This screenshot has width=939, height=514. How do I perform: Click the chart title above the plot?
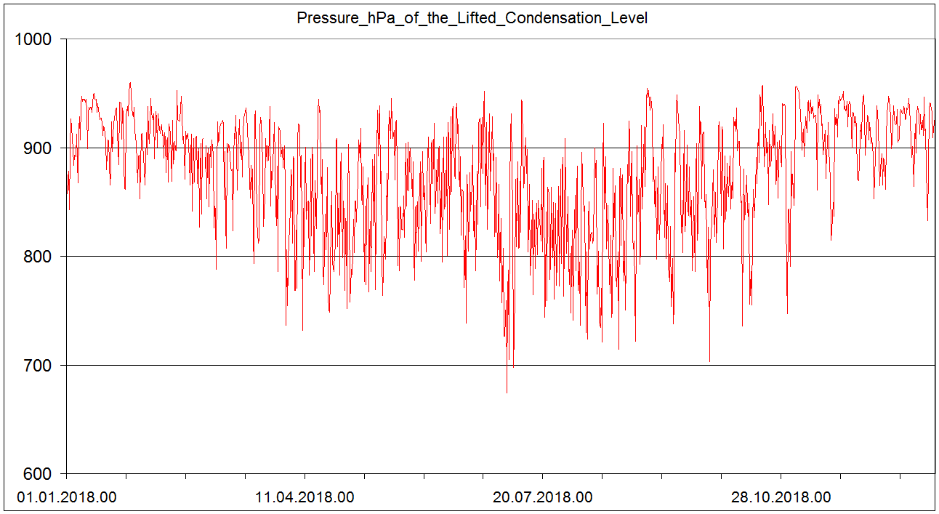pos(472,18)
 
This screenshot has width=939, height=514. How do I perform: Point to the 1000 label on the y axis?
pos(33,39)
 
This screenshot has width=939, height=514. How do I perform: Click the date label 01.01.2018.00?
pos(66,498)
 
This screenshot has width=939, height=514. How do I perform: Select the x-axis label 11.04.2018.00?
pos(305,498)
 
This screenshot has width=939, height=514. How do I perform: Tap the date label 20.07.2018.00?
pos(543,498)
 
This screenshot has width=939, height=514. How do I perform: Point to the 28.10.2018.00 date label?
pos(781,498)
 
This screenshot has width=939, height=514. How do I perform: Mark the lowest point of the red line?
pos(507,393)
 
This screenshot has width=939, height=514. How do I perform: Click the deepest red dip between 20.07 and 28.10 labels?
pos(709,361)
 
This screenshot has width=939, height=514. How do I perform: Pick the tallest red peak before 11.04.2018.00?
pos(130,83)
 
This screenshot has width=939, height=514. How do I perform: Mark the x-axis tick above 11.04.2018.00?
pos(305,477)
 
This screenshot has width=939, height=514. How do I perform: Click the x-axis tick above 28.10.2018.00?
pos(781,477)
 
